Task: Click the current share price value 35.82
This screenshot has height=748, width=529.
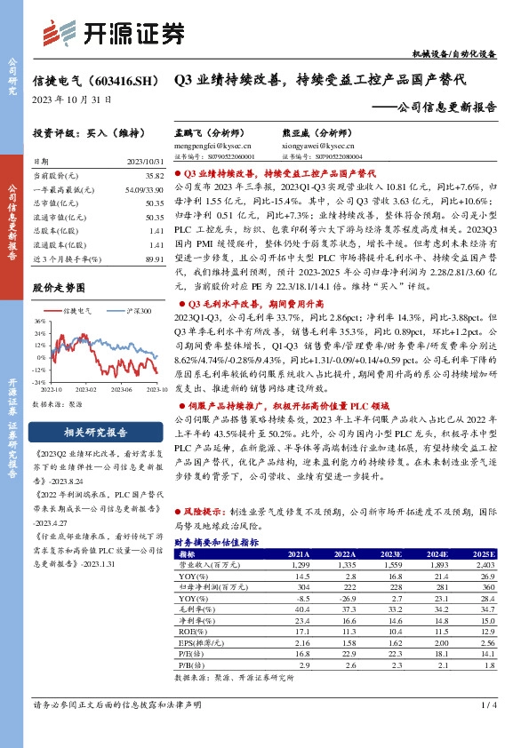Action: [x=156, y=178]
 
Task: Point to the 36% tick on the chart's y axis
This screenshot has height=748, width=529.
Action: [x=41, y=322]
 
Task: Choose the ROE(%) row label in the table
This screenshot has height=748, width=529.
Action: [x=190, y=630]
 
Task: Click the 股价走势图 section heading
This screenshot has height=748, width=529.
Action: [x=58, y=288]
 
